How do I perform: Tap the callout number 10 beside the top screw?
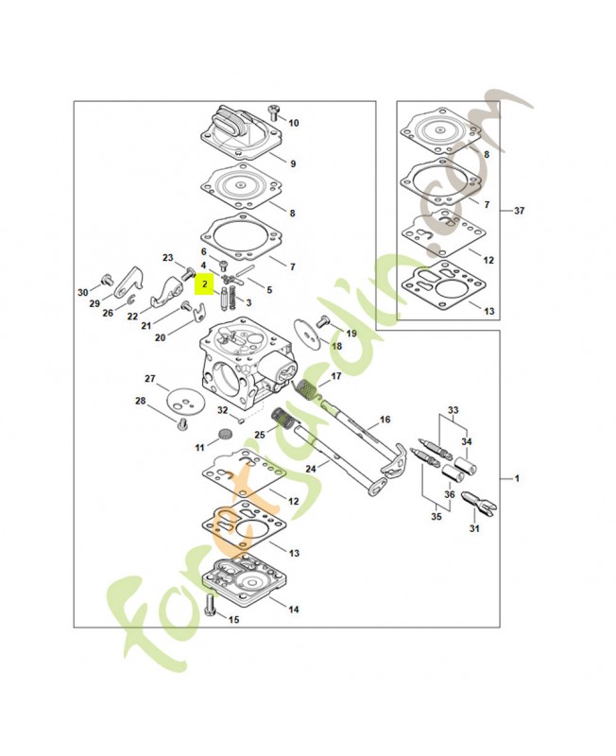(294, 123)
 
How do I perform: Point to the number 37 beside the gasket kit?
(519, 212)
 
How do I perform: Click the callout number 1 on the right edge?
(517, 479)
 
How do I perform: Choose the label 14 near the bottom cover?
(294, 610)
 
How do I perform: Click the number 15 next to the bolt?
(234, 620)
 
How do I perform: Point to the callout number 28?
(140, 402)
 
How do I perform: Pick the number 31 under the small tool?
(474, 528)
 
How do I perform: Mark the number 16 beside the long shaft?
(385, 419)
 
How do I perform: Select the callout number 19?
(351, 334)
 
